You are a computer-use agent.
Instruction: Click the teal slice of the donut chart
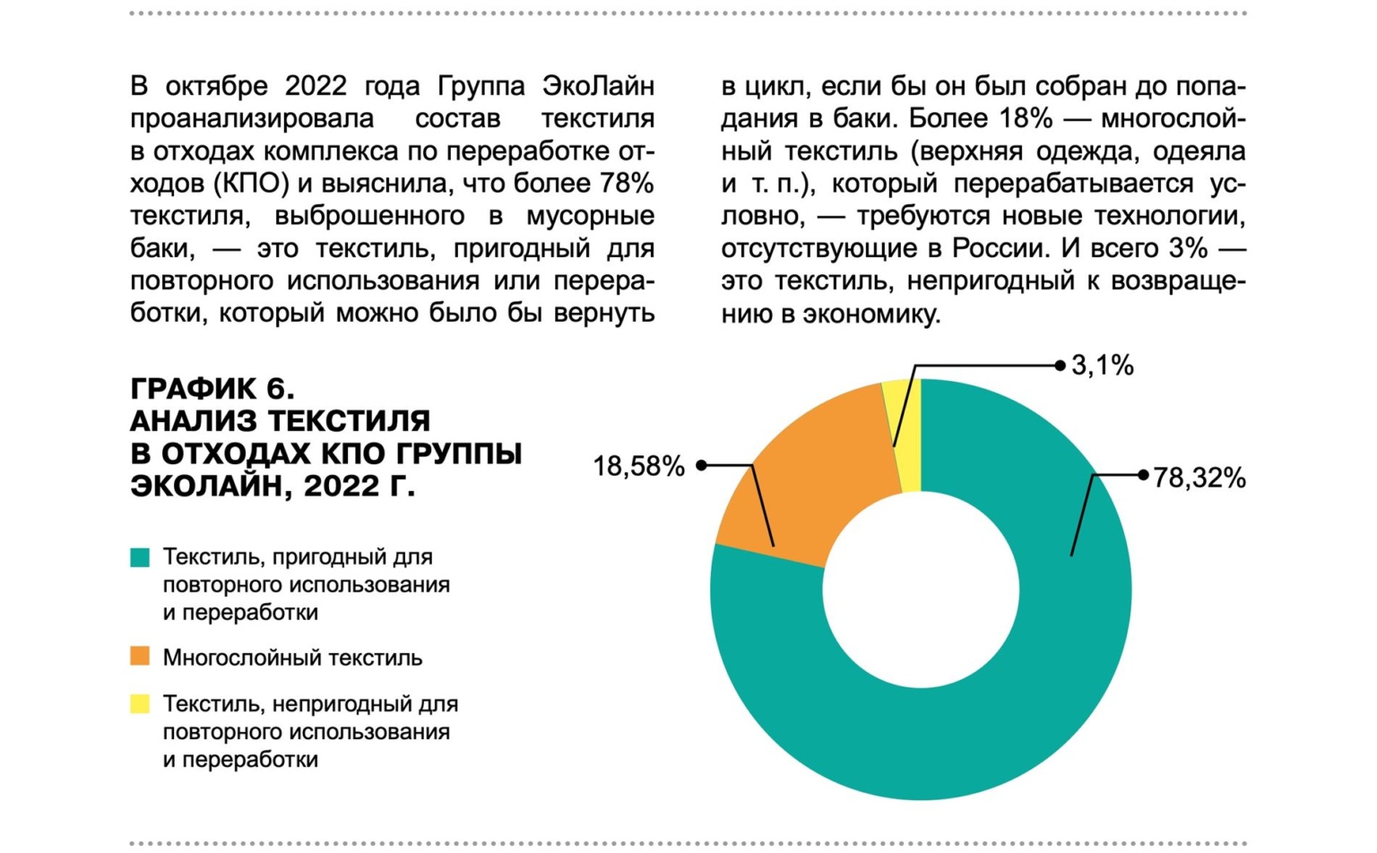coord(986,717)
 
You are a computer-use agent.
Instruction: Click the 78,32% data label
coord(1199,478)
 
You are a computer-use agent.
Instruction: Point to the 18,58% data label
coord(638,466)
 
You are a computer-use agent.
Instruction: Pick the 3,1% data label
coord(1103,366)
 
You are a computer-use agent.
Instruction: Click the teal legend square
coord(140,557)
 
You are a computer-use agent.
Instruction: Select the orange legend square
coord(140,657)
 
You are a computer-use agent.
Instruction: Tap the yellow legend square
coord(140,704)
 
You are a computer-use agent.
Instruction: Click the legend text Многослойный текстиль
coord(292,658)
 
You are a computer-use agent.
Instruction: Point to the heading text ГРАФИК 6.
coord(212,388)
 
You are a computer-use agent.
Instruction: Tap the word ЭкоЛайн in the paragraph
coord(598,86)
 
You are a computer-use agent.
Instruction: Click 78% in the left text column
coord(627,184)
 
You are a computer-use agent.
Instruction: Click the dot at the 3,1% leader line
coord(1061,366)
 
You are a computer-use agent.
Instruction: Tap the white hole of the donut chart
coord(921,590)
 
